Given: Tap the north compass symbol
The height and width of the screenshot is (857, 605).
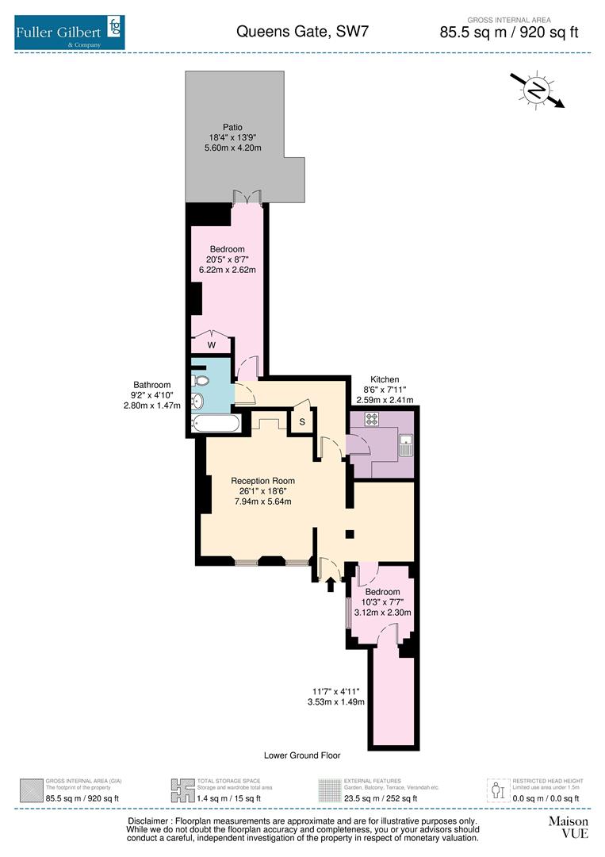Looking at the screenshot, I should (537, 90).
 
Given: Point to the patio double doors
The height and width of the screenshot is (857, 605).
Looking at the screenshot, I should (247, 197).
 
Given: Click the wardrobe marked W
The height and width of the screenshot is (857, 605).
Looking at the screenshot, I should (211, 344).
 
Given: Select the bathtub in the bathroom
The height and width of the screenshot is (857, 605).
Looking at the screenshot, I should (216, 425).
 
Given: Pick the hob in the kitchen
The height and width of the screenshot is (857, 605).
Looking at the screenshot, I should (370, 417).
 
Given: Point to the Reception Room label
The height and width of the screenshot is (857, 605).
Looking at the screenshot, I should (262, 481).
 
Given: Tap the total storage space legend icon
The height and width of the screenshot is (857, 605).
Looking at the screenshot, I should (182, 790).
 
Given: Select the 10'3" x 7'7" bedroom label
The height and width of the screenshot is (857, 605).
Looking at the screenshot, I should (382, 601).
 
